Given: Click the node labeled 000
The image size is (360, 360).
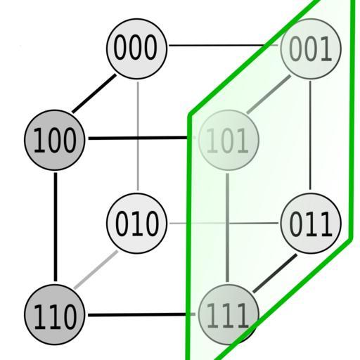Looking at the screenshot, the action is pyautogui.click(x=137, y=49).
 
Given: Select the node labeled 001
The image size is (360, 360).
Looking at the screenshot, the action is pyautogui.click(x=311, y=49).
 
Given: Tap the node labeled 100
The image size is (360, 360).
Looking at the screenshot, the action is pyautogui.click(x=54, y=140).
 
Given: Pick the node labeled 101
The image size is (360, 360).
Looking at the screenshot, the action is pyautogui.click(x=229, y=140).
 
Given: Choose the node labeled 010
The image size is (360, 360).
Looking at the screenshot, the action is pyautogui.click(x=137, y=224).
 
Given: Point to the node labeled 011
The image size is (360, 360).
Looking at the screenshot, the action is pyautogui.click(x=311, y=224).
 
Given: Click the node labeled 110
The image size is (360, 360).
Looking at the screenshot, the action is pyautogui.click(x=54, y=314).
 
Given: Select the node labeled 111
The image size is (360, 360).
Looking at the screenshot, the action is pyautogui.click(x=229, y=314).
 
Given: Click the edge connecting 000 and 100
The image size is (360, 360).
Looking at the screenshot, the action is pyautogui.click(x=94, y=94).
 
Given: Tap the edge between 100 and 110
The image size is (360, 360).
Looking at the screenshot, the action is pyautogui.click(x=56, y=227).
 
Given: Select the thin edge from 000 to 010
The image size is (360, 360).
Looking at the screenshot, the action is pyautogui.click(x=138, y=136).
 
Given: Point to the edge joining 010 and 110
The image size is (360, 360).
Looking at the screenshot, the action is pyautogui.click(x=96, y=269).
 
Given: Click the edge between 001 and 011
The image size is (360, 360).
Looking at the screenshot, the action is pyautogui.click(x=310, y=135).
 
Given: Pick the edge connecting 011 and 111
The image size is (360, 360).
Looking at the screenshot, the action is pyautogui.click(x=275, y=274).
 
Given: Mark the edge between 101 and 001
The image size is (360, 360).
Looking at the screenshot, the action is pyautogui.click(x=269, y=94).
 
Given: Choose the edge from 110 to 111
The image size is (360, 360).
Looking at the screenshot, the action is pyautogui.click(x=141, y=314).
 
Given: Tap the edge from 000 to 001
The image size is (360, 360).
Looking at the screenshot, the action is pyautogui.click(x=224, y=45).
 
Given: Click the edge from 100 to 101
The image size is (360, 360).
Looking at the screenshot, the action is pyautogui.click(x=142, y=138).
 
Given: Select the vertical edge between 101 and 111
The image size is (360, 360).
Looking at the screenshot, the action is pyautogui.click(x=227, y=228).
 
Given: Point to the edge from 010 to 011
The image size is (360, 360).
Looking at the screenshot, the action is pyautogui.click(x=224, y=224).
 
